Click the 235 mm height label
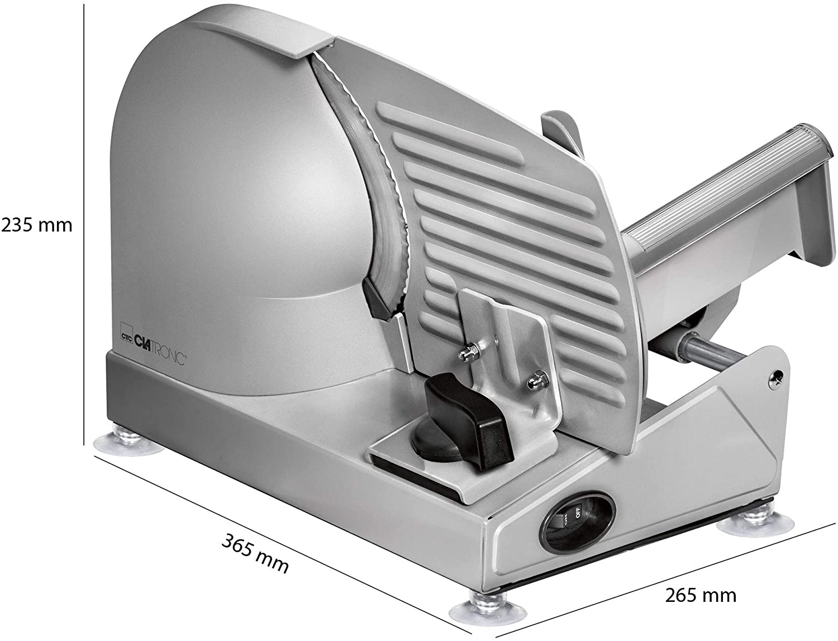[37, 226]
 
